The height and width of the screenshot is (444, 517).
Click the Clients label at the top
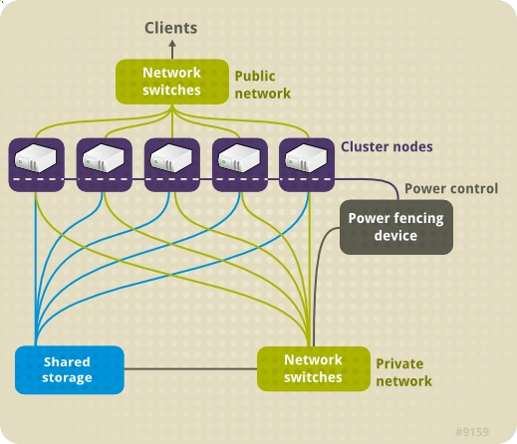coord(171,28)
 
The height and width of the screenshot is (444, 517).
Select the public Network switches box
coord(171,82)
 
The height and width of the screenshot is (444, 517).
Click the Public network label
coord(262,85)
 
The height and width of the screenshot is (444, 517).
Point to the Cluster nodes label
coord(387,146)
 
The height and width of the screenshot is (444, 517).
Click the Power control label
coord(451,188)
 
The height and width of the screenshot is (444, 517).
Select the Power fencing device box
coord(396,226)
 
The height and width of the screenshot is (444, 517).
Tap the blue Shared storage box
coord(69,369)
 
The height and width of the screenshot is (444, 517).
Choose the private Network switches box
coord(313,368)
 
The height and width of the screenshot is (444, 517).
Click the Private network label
coord(403,372)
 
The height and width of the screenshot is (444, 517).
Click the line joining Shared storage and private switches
coord(189,369)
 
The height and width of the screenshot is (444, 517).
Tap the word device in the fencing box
coord(396,236)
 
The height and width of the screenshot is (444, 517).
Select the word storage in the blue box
coord(68,377)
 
